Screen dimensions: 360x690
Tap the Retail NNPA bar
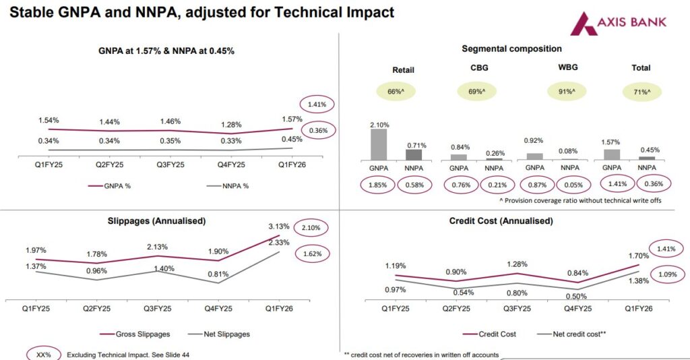(x=414, y=154)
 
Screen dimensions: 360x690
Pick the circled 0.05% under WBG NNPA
(x=570, y=183)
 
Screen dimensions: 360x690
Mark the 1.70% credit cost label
(x=637, y=256)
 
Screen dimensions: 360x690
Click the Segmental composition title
(x=511, y=49)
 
